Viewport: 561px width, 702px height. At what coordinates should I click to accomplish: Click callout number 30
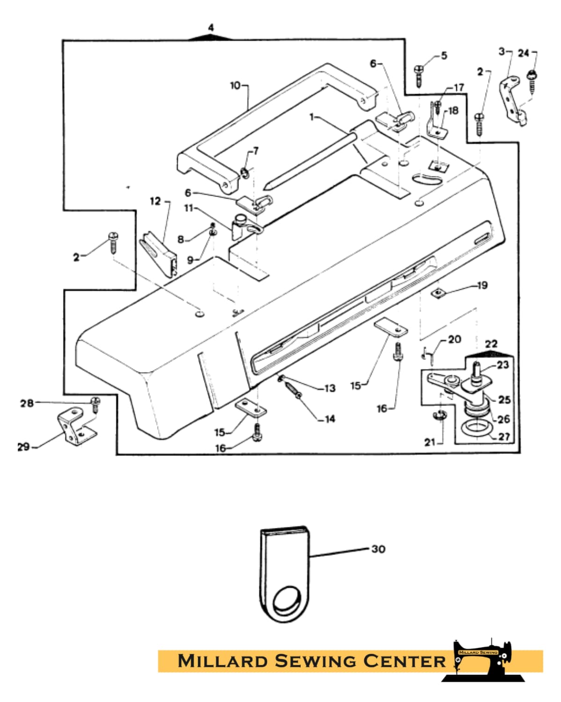(378, 549)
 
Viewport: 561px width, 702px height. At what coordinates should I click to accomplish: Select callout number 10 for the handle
(235, 86)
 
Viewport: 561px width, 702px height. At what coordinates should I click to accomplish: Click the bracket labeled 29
(77, 426)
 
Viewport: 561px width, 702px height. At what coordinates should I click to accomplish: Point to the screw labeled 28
(95, 404)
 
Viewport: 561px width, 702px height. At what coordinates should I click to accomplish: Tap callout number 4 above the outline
(211, 28)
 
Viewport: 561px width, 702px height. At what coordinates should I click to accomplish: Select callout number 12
(156, 201)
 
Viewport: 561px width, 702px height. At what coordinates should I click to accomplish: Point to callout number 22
(491, 344)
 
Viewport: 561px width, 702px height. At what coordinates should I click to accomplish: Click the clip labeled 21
(440, 415)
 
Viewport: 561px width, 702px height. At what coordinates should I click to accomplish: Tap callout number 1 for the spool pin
(312, 117)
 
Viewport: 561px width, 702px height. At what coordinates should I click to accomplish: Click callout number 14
(330, 419)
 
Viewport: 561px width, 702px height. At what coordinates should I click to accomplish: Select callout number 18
(453, 111)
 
